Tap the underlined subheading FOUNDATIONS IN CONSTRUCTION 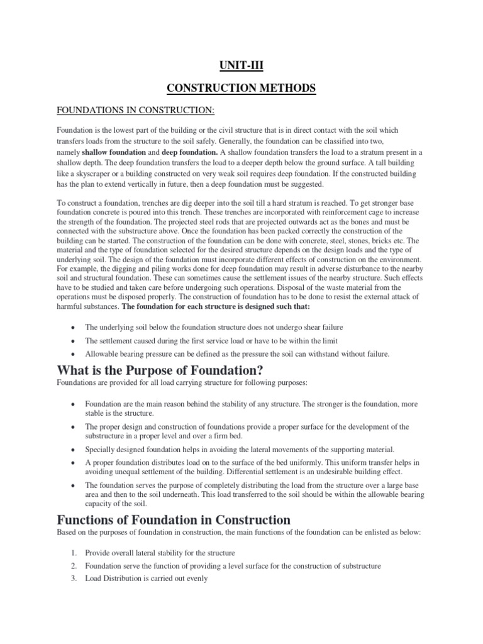point(136,111)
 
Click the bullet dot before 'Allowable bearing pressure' point(75,354)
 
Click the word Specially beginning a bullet point(100,449)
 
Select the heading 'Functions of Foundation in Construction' point(174,519)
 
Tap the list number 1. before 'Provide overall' point(74,553)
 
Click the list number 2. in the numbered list point(74,566)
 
